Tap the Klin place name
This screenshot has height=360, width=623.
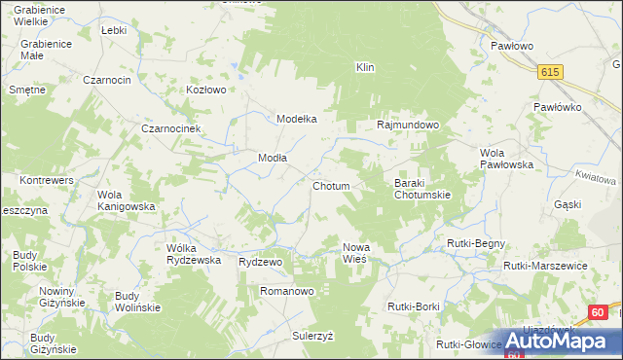(366, 67)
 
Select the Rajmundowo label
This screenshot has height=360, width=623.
(409, 126)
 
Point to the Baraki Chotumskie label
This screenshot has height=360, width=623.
(421, 189)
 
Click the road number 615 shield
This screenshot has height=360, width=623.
(552, 72)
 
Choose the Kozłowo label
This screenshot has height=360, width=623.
(206, 90)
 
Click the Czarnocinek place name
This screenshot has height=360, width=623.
(170, 128)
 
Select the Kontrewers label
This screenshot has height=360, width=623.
(48, 181)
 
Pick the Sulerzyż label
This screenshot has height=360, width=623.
(312, 335)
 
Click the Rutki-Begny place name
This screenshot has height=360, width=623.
(472, 242)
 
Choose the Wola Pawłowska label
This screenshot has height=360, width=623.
(507, 159)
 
